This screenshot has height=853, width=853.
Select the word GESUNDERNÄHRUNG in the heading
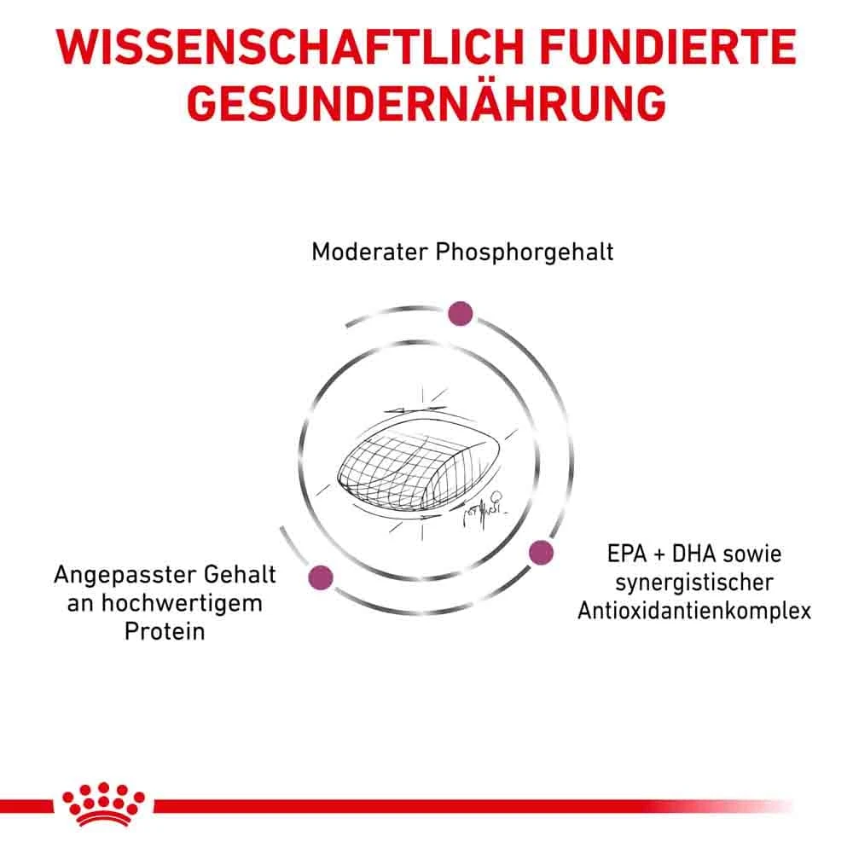[x=426, y=104]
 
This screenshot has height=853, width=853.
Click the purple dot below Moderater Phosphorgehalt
[x=461, y=313]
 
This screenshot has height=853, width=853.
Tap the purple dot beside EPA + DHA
[x=541, y=553]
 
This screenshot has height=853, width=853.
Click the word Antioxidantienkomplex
[x=693, y=612]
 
